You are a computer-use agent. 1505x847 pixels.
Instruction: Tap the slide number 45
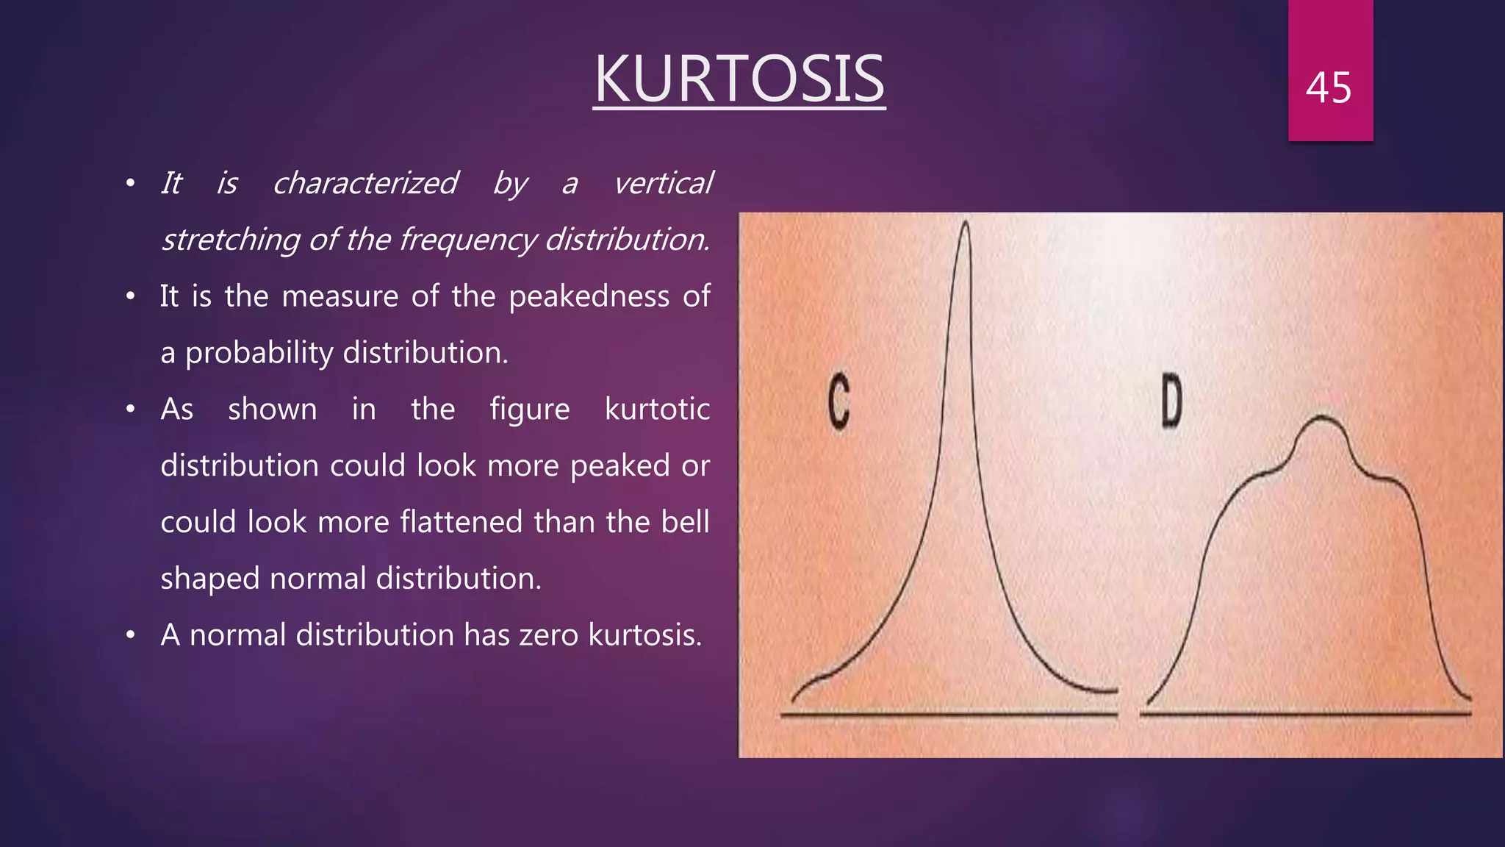point(1329,88)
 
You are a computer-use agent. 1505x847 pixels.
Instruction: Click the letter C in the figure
point(838,401)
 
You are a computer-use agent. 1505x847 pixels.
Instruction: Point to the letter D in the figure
point(1171,401)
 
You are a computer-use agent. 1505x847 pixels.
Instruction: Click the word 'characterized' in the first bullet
point(364,183)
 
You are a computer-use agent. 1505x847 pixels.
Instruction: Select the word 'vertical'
point(663,183)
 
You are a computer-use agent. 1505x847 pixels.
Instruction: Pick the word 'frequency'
point(467,240)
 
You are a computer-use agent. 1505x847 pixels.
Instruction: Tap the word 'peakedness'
point(589,296)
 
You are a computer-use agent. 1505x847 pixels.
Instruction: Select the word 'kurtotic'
point(657,410)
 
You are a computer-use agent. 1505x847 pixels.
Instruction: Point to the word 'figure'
point(529,410)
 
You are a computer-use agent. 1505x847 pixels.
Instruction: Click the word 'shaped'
point(209,579)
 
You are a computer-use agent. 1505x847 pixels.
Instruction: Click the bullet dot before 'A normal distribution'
point(131,635)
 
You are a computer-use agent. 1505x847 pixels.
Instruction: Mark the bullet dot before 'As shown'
point(131,410)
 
